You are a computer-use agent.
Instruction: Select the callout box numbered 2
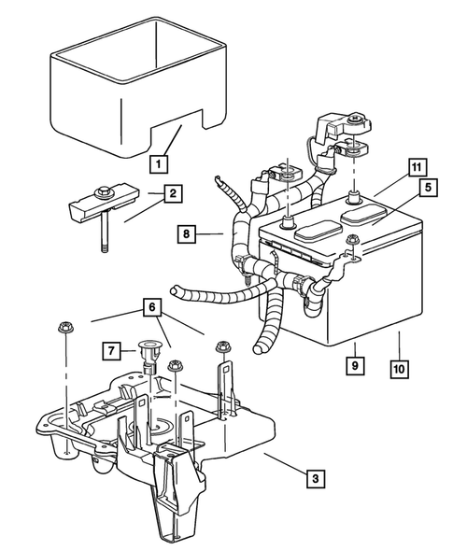click(x=172, y=194)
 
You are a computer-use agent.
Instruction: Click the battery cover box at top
click(x=135, y=93)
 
